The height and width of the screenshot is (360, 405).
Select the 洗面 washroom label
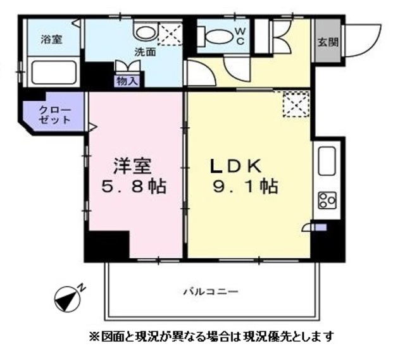click(144, 53)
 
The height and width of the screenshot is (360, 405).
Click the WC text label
click(240, 36)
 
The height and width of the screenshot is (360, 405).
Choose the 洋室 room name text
click(132, 166)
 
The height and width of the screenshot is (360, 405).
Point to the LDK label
click(236, 166)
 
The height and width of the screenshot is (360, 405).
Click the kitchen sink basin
click(328, 159)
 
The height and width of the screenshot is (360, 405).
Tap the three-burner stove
click(328, 201)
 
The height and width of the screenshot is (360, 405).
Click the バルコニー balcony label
click(211, 292)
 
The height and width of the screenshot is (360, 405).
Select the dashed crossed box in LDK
click(295, 104)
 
